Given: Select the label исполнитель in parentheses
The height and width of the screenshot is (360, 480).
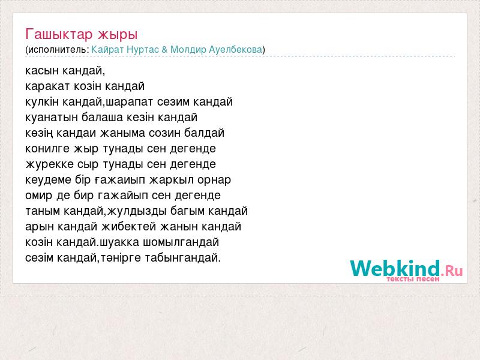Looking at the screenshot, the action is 57,50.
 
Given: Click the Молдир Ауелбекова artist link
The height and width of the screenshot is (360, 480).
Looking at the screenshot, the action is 217,50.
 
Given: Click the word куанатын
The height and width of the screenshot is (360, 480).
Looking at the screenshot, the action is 51,118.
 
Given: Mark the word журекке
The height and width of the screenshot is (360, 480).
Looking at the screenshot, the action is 50,164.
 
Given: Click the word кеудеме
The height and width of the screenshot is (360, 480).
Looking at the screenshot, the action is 48,179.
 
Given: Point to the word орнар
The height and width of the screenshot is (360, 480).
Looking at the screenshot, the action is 214,181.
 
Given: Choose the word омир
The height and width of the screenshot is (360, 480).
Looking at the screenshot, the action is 39,196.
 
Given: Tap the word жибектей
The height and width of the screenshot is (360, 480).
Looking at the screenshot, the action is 129,227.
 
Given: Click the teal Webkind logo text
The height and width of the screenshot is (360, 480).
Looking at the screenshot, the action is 395,268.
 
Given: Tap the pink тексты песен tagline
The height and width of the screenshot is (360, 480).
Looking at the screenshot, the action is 413,279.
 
